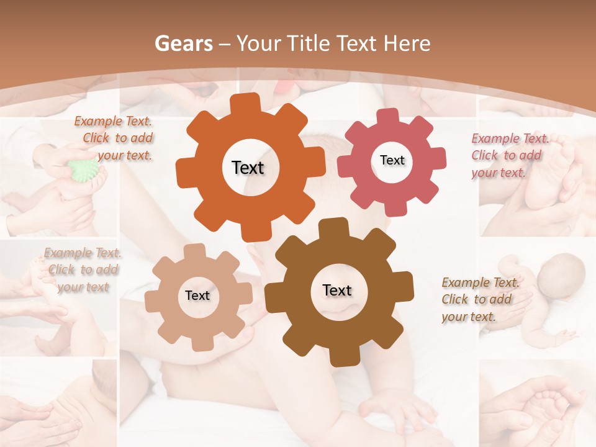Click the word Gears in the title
183,43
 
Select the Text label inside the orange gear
248,168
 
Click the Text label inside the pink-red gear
392,160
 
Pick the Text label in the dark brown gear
337,291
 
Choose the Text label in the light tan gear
197,296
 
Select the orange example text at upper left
115,138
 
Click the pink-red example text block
509,155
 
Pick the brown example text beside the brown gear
479,299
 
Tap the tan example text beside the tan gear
83,269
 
